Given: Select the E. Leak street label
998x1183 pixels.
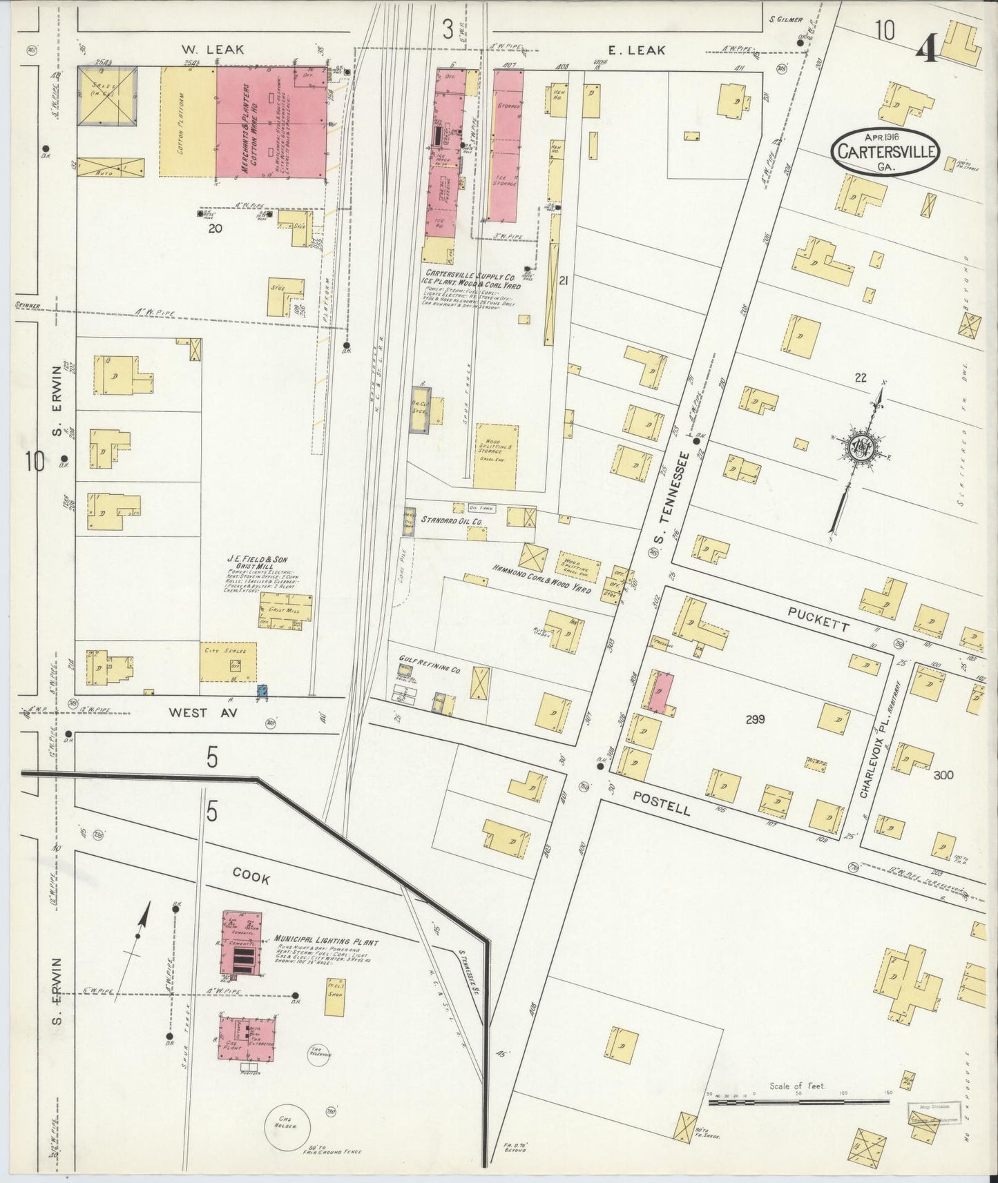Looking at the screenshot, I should point(637,50).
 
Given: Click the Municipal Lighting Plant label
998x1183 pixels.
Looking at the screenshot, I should point(326,941).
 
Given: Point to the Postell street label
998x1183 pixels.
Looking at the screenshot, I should point(661,802).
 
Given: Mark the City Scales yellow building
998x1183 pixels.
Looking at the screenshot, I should point(228,661).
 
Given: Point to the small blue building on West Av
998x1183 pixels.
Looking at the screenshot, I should point(262,690).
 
